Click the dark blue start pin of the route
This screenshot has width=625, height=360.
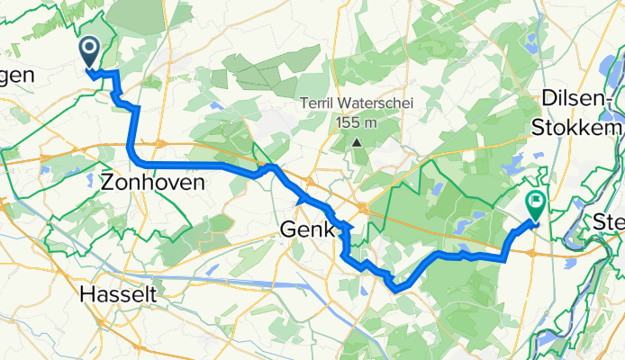90,49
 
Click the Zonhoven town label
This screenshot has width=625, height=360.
153,182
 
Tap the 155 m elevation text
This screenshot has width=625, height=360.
358,122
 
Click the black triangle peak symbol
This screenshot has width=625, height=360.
358,142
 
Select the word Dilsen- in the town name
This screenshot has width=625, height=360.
576,99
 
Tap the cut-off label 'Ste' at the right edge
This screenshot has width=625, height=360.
610,220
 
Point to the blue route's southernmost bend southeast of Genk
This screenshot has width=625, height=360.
397,289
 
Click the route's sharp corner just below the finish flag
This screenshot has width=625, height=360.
503,257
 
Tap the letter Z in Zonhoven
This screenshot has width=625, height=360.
108,182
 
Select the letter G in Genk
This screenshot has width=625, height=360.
288,230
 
